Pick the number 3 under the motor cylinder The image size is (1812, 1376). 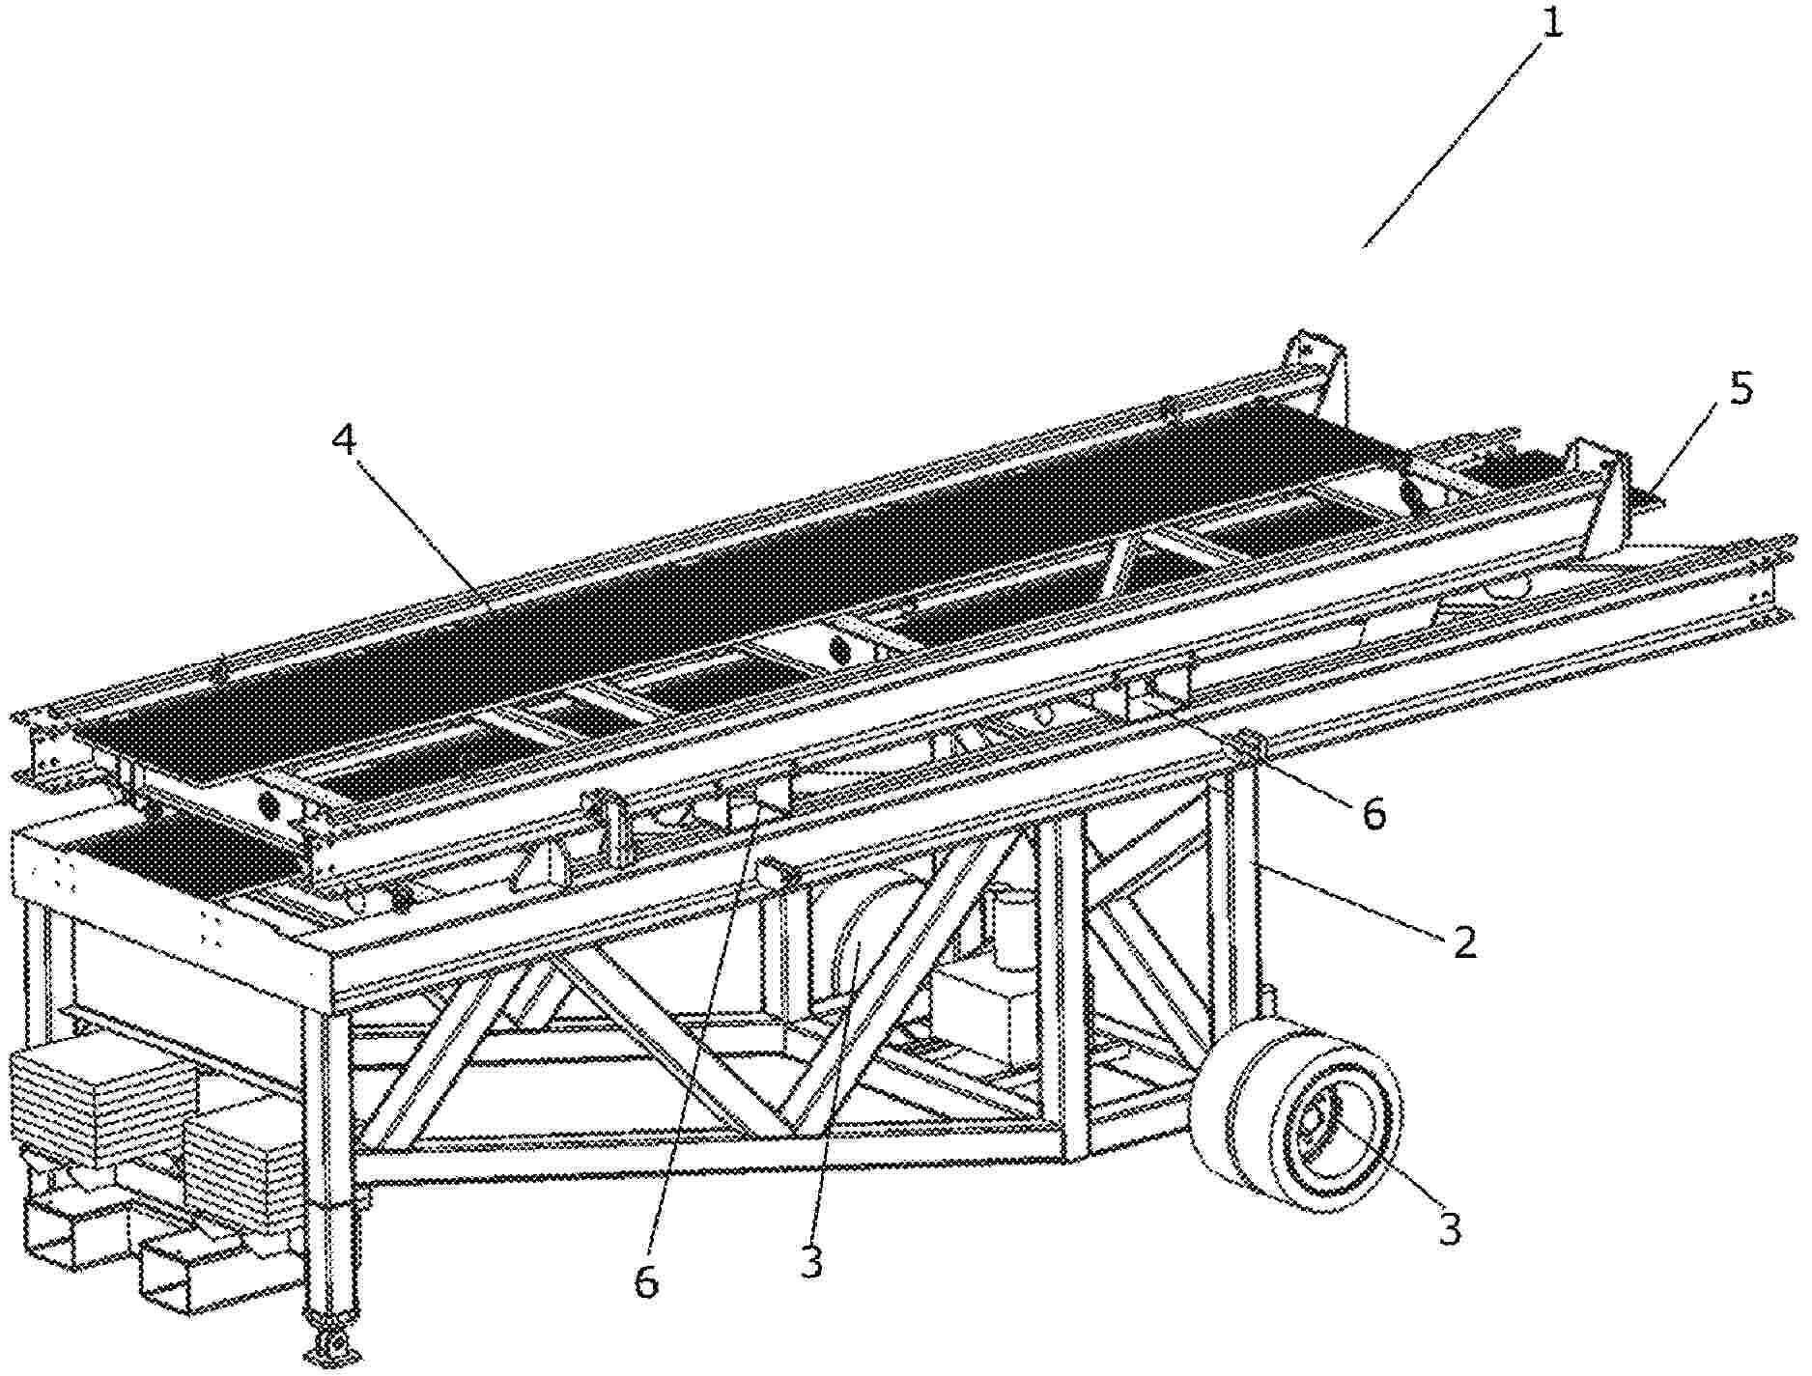point(811,1262)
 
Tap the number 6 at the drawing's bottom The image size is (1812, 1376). point(645,1283)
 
